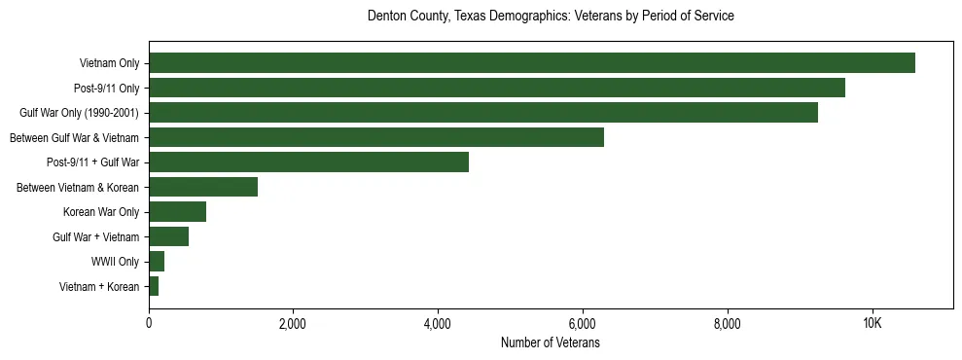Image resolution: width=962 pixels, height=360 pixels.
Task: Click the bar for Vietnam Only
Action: (532, 63)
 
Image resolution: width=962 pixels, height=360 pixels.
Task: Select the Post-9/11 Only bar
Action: (497, 88)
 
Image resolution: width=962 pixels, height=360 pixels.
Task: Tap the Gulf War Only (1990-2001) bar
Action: (483, 113)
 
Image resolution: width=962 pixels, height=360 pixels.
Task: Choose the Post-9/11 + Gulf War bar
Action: (309, 162)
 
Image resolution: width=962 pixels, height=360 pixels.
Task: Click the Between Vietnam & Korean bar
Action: (203, 187)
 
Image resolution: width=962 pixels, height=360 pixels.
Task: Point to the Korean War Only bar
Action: (178, 212)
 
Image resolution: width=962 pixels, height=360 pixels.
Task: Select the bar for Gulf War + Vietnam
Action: (169, 236)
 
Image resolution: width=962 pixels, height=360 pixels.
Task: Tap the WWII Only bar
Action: (157, 262)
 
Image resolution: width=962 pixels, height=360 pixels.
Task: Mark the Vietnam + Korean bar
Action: (154, 286)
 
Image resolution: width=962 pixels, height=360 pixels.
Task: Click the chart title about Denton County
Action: (551, 17)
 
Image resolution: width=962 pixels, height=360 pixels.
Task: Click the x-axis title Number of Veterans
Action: (551, 343)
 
